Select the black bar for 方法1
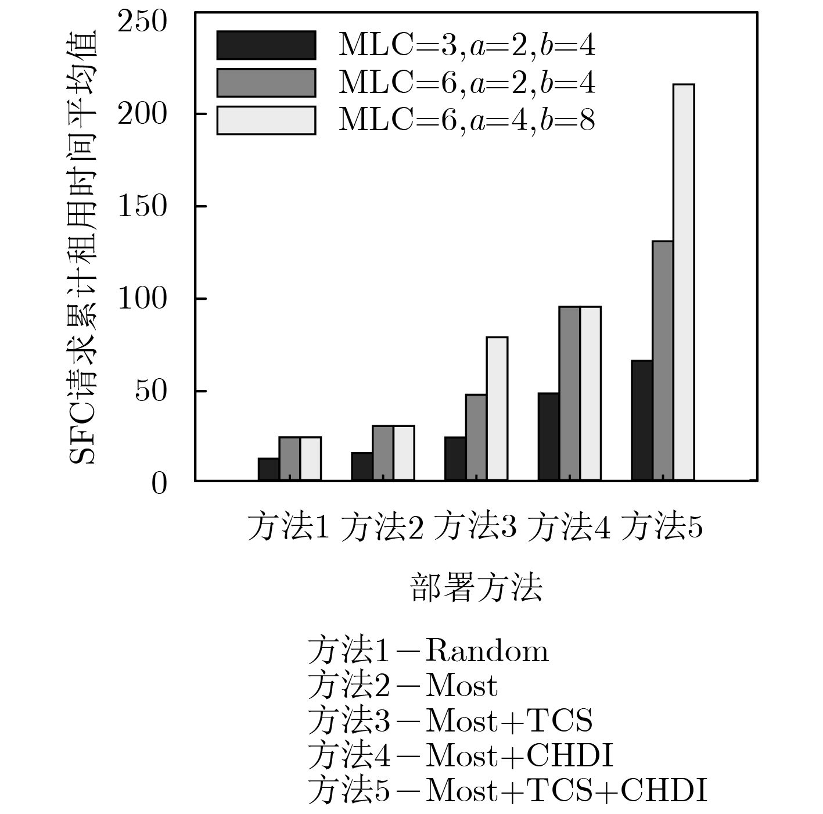268,469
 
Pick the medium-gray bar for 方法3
476,438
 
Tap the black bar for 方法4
548,437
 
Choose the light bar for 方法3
497,408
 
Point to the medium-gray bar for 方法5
663,360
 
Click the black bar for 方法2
362,467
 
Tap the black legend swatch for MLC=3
266,45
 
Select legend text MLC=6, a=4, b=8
466,121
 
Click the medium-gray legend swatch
266,83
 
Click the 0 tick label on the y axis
159,484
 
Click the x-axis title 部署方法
476,587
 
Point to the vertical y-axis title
83,247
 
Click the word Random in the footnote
487,651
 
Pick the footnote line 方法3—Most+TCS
450,721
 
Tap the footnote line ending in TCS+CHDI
508,791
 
